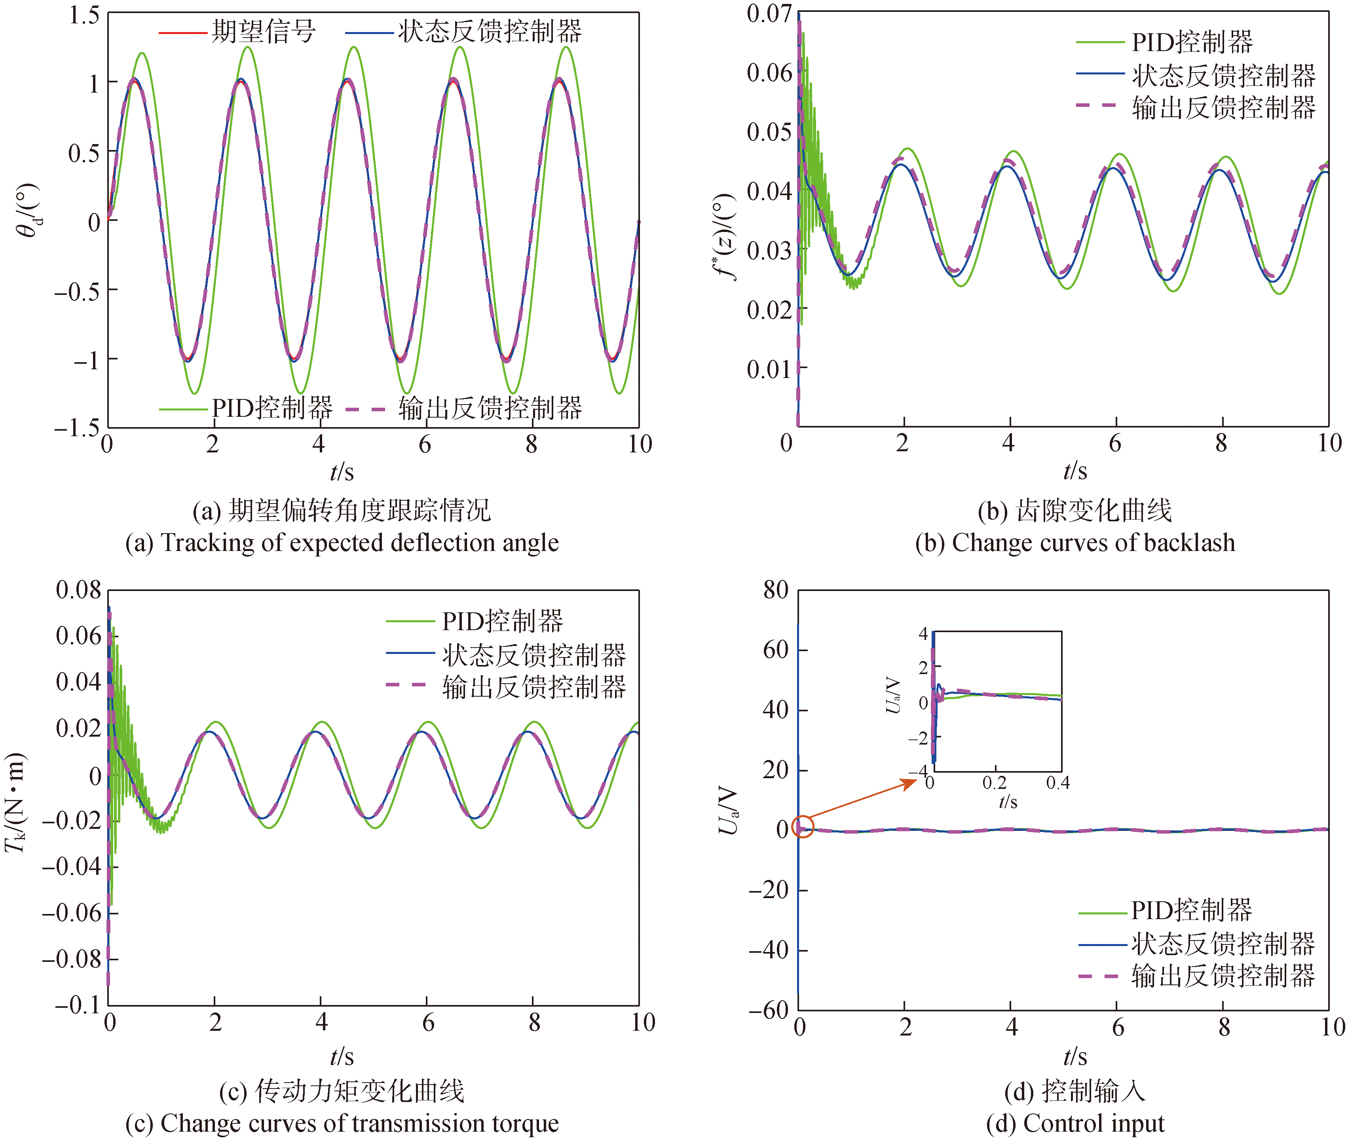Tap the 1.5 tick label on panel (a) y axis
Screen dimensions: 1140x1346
tap(84, 14)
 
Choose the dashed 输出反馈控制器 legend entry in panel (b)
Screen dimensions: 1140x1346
tap(1196, 107)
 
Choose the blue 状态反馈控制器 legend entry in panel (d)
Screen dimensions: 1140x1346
tap(1196, 944)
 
